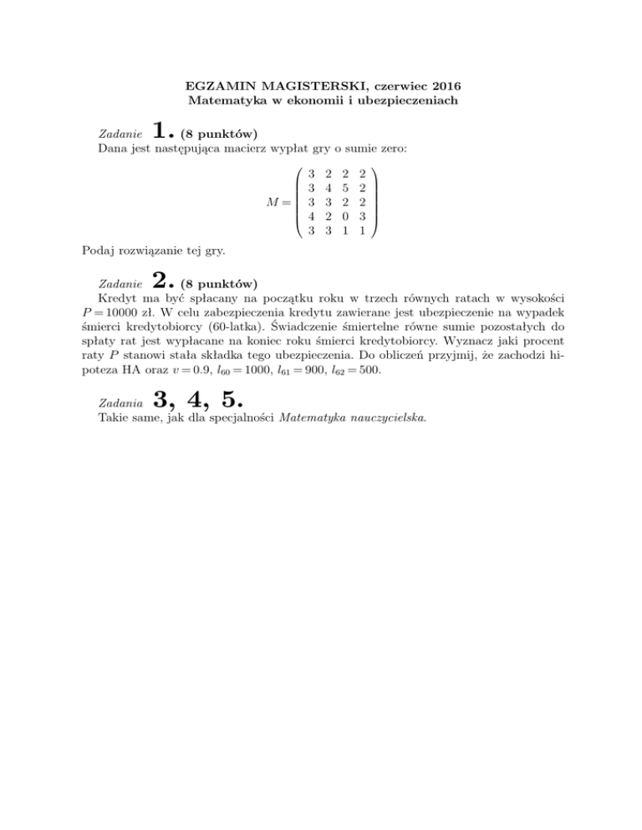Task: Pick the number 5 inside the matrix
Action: coord(344,190)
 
